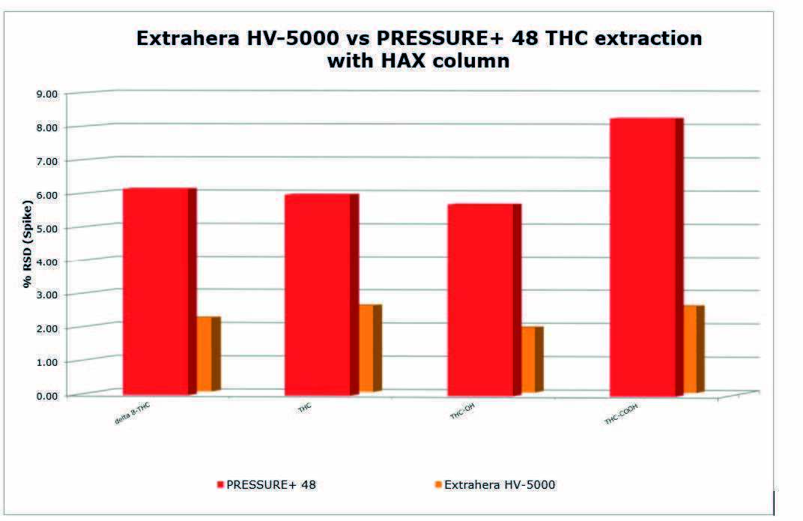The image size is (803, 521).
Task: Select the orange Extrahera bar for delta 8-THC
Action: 204,354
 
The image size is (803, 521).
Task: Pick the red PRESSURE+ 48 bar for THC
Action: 318,294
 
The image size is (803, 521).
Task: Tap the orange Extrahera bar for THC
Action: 366,348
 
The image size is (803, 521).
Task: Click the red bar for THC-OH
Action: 480,299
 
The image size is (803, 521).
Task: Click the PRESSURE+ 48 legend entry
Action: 267,485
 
